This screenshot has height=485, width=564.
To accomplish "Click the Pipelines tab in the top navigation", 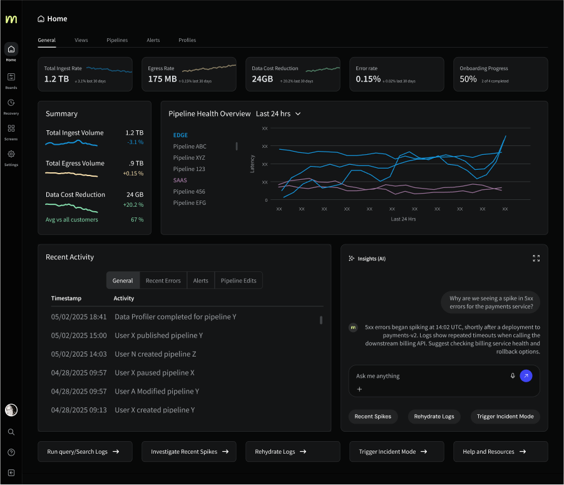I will (x=117, y=40).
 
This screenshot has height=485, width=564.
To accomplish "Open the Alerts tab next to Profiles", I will (x=153, y=40).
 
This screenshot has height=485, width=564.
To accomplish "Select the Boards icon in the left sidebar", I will (x=11, y=77).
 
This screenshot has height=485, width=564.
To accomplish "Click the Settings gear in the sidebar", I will (x=11, y=154).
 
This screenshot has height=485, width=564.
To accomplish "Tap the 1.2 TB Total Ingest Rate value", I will (x=56, y=79).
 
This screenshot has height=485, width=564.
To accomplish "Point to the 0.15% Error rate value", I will (x=368, y=79).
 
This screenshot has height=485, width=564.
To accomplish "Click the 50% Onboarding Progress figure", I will (x=468, y=79).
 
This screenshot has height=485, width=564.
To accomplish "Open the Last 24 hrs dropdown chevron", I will (x=298, y=114).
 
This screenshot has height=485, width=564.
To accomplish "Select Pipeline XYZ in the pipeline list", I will (x=189, y=158).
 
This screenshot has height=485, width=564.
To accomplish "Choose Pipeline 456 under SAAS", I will (x=189, y=192).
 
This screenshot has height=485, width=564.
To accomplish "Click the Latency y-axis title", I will (x=252, y=164).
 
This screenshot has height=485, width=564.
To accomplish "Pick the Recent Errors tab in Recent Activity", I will (x=163, y=281).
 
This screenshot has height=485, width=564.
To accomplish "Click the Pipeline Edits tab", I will (x=238, y=281).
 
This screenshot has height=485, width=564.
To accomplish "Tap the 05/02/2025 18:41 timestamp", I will (x=79, y=317).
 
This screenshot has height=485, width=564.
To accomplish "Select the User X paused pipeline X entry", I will (x=155, y=373).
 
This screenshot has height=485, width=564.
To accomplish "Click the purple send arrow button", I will (x=526, y=376).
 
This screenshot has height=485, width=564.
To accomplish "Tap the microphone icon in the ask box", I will (x=513, y=376).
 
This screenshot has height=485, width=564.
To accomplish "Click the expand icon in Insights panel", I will (x=536, y=258).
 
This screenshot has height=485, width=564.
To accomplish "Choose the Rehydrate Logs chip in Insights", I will (x=434, y=417).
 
